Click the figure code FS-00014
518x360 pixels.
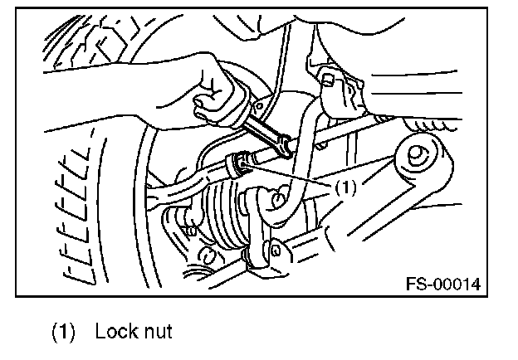[443, 285]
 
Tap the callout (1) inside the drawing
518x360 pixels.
[345, 187]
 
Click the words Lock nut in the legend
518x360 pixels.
[134, 332]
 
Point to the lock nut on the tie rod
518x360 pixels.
[241, 162]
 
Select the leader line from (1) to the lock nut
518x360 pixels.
[291, 176]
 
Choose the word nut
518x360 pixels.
[155, 332]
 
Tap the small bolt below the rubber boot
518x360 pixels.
[196, 270]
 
